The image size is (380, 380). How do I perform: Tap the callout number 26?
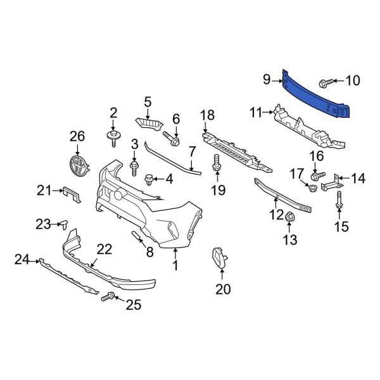point(77,136)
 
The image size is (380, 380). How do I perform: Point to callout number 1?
point(175,267)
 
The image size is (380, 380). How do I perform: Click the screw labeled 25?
point(111,296)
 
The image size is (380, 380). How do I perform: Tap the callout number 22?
point(104,249)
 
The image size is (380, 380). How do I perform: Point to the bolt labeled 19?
point(218,163)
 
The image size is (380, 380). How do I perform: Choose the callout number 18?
point(208,115)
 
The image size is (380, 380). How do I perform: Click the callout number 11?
point(256,113)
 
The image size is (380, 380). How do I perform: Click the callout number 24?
point(22,258)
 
